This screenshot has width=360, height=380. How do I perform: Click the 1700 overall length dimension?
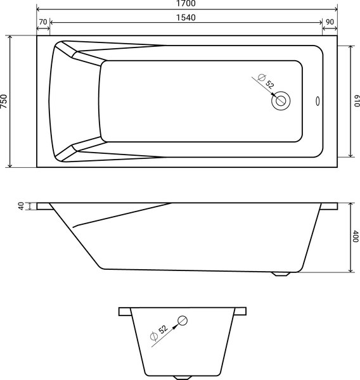click(x=186, y=4)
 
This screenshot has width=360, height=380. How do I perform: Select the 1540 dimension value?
click(x=186, y=17)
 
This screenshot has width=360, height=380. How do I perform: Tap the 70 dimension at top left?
click(x=43, y=22)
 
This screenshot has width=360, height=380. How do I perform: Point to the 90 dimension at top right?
click(x=330, y=22)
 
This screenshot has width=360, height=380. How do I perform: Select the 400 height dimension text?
click(x=355, y=237)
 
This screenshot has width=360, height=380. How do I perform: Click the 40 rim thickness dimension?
click(x=21, y=206)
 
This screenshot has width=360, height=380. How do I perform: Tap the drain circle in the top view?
click(x=281, y=100)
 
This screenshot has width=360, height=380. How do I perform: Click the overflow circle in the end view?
click(x=183, y=320)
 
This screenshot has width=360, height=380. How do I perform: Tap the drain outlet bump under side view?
click(x=281, y=274)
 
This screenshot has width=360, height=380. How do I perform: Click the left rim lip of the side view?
click(x=44, y=206)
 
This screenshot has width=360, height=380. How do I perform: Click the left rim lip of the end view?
click(x=124, y=311)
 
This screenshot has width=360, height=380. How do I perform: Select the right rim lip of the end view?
click(x=241, y=311)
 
